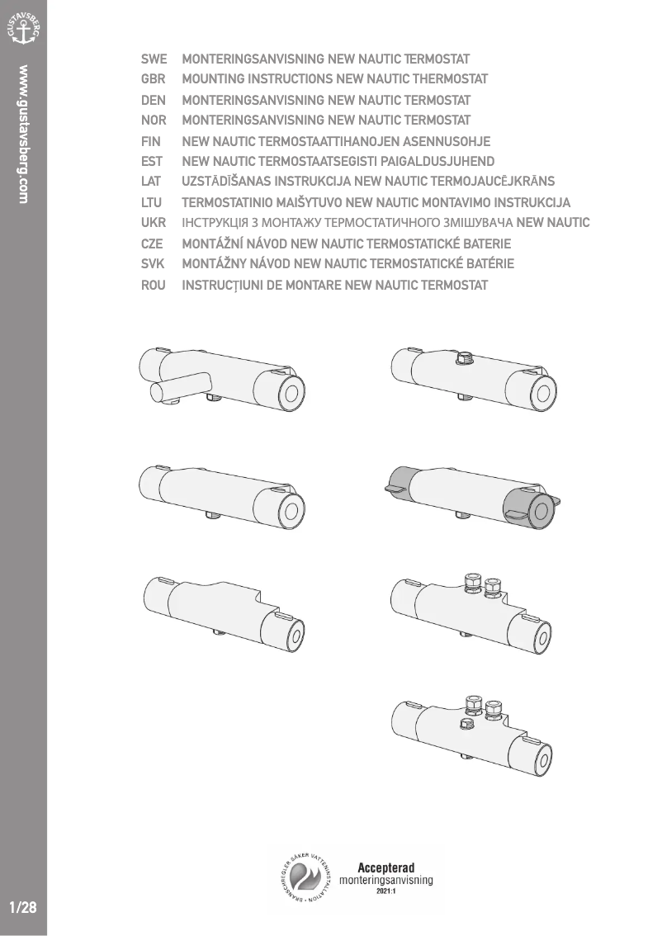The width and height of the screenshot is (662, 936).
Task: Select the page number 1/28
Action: tap(23, 908)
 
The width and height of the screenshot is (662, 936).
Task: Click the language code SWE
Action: tap(154, 59)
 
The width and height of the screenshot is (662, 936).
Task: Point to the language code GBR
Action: tap(154, 79)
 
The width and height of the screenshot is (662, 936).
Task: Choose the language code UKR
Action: tap(154, 223)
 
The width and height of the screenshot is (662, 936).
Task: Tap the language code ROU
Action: tap(154, 286)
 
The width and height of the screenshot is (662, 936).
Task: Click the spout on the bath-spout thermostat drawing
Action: tap(182, 386)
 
